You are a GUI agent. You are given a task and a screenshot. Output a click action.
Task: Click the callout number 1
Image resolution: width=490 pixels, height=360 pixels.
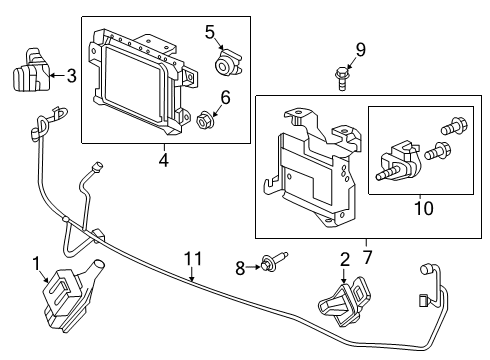[x=36, y=263]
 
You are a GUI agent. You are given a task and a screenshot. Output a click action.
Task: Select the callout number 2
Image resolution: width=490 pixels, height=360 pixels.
[x=344, y=259]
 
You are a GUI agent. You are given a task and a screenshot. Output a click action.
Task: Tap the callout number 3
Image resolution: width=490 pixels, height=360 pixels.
[x=71, y=73]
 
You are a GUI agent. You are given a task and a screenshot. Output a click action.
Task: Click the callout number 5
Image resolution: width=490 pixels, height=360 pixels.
[x=210, y=33]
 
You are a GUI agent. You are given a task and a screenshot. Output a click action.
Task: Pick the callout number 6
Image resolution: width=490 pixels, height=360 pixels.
[x=225, y=98]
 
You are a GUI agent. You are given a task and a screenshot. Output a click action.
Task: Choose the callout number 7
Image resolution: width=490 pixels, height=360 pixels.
[x=366, y=243]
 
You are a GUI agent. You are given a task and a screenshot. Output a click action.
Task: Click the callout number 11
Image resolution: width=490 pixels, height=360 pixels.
[x=189, y=259]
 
